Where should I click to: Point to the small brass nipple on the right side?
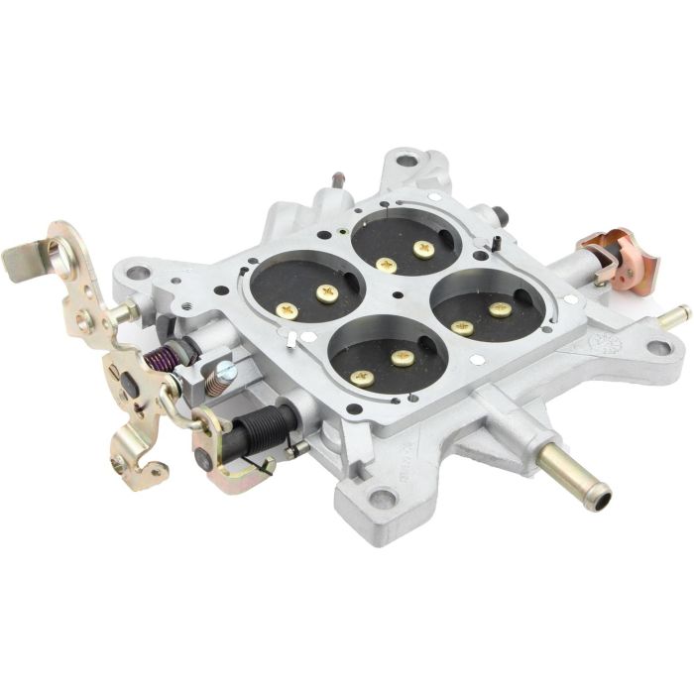(674, 316)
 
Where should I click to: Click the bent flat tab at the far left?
(22, 260)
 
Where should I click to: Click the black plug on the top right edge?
(498, 215)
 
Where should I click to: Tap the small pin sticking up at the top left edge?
(340, 181)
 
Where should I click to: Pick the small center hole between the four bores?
(396, 294)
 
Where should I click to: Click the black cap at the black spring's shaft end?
(206, 459)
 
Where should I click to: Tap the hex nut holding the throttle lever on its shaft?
(127, 312)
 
